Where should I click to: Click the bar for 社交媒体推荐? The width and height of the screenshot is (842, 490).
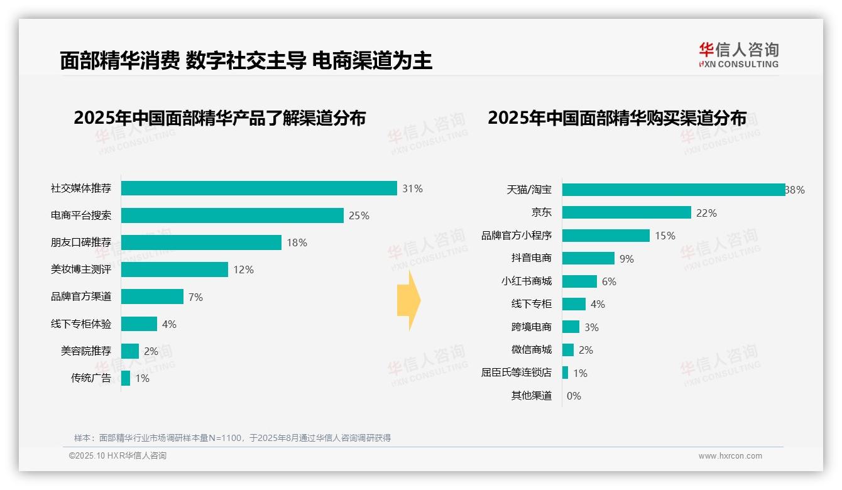click(x=259, y=188)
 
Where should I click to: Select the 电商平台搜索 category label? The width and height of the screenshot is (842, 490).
click(x=81, y=215)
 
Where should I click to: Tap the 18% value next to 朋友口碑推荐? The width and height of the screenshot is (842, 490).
click(x=297, y=242)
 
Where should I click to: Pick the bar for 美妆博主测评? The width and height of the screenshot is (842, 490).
click(x=175, y=269)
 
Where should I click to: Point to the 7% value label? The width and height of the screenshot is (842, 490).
click(x=195, y=297)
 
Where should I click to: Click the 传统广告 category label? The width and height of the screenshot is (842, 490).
click(x=91, y=378)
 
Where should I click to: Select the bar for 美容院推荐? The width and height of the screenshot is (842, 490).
click(x=130, y=351)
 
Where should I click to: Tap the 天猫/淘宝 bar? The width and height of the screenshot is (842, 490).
click(x=673, y=190)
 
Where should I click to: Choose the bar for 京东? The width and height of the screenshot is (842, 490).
click(x=626, y=213)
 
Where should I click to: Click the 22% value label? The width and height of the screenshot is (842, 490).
click(x=706, y=213)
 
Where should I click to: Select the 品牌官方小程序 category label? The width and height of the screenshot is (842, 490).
click(x=517, y=236)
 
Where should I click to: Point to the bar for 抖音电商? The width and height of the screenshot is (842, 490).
click(x=588, y=258)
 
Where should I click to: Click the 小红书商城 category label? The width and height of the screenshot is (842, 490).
click(x=527, y=281)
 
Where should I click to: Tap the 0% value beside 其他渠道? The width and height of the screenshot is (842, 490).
click(x=574, y=396)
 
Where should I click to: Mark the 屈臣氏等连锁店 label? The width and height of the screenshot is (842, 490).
click(x=517, y=373)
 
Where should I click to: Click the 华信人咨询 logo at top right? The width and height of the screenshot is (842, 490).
click(x=738, y=55)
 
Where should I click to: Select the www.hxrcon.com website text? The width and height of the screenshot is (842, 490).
click(x=730, y=456)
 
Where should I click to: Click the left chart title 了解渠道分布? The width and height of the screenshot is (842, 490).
click(x=219, y=118)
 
